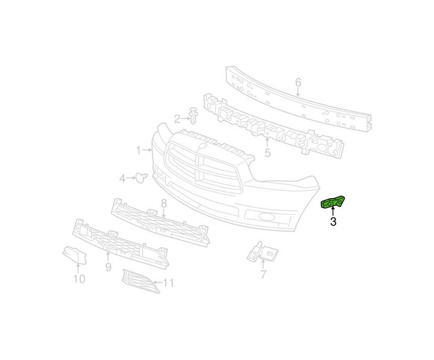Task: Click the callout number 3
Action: (x=333, y=223)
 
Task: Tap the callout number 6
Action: (x=298, y=82)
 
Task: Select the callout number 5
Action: (x=267, y=153)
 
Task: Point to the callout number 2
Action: (x=177, y=119)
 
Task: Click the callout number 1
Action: (x=138, y=149)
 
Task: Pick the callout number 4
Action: (x=122, y=178)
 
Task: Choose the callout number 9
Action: (x=108, y=266)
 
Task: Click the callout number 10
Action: (x=79, y=278)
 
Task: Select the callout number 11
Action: (x=168, y=283)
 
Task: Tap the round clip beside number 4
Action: (x=141, y=177)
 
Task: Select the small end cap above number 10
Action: (x=72, y=255)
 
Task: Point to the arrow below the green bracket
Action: (x=333, y=212)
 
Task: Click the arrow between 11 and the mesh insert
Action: (x=157, y=282)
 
